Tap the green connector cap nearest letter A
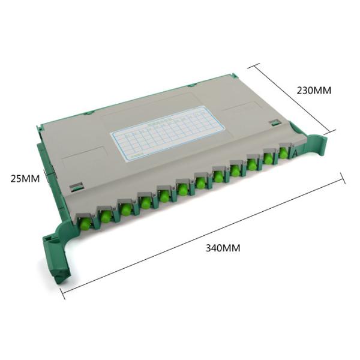[283, 154]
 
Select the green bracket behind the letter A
[315, 147]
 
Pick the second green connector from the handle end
[106, 214]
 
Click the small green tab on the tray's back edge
[88, 112]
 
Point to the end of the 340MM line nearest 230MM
[344, 176]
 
